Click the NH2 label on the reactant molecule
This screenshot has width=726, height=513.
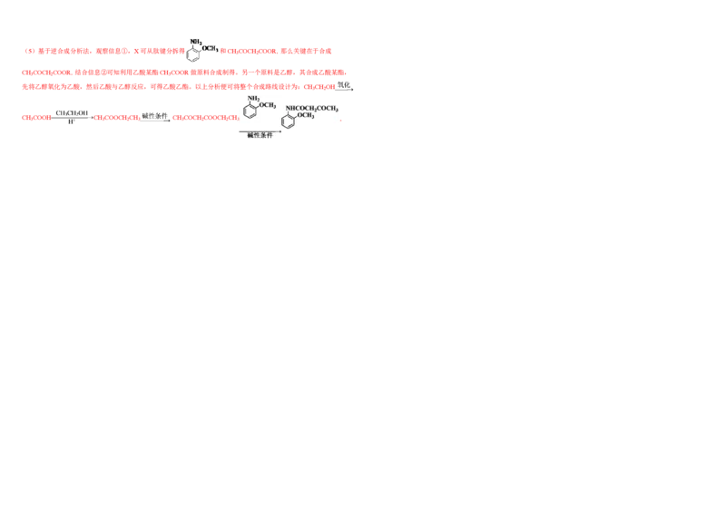(x=253, y=98)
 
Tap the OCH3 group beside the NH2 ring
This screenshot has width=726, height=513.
(x=269, y=106)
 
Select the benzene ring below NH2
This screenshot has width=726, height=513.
(x=250, y=113)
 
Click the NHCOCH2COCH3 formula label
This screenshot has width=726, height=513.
(x=312, y=108)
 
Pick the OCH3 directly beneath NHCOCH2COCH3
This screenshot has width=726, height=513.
(x=305, y=116)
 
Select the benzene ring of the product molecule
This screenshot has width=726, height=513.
(x=289, y=121)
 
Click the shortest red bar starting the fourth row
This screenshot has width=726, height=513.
(x=36, y=118)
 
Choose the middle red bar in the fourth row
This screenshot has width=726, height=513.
(x=117, y=118)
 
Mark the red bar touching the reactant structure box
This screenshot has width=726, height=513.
(x=205, y=118)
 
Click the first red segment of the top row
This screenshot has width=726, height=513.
(x=56, y=51)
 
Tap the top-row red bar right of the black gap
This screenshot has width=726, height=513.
(x=276, y=51)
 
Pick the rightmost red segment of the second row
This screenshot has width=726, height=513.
(x=322, y=72)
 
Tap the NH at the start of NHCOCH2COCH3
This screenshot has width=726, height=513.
(x=289, y=108)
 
